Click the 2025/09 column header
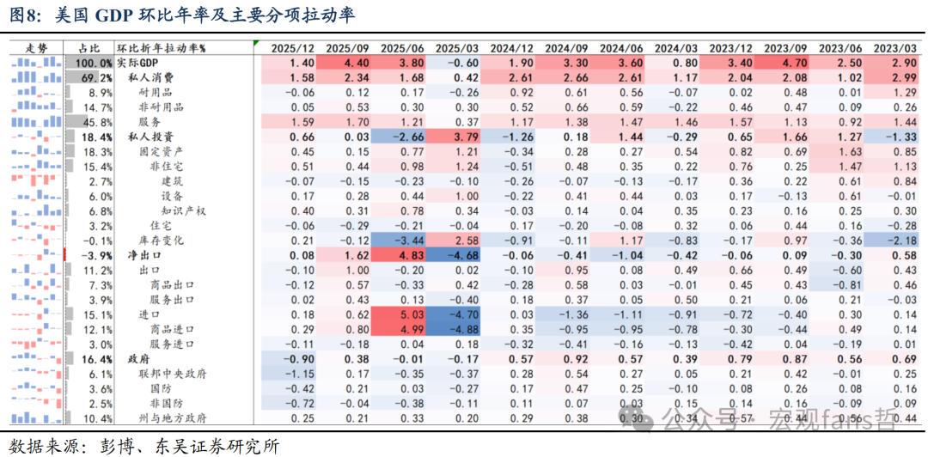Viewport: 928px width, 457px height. click(348, 48)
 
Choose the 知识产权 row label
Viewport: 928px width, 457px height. click(184, 210)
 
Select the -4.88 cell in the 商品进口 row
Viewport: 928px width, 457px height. click(458, 329)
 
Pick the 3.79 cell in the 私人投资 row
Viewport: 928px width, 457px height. click(458, 137)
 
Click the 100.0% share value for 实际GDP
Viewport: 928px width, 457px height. click(94, 63)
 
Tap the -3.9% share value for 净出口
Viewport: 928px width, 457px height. click(97, 255)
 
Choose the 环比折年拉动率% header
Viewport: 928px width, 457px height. click(168, 48)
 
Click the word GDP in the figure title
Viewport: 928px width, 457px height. click(114, 15)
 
